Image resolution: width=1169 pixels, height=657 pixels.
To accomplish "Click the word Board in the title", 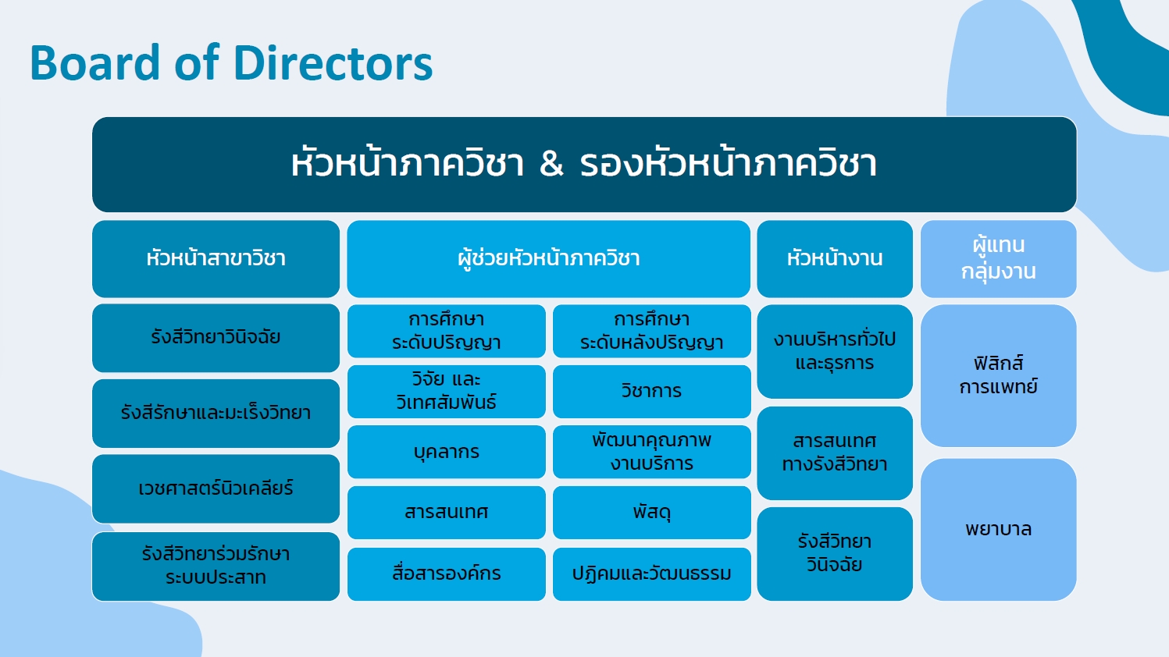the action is (x=95, y=62).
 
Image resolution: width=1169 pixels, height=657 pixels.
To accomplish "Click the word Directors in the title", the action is (x=333, y=62).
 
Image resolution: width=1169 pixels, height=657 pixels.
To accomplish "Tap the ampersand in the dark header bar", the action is (x=551, y=164).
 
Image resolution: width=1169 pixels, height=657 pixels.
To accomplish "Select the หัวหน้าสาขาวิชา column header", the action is (x=216, y=258).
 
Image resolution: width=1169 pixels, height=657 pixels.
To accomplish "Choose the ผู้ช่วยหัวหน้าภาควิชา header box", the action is (x=548, y=258).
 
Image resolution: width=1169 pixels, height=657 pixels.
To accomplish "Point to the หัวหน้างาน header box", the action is (x=835, y=258).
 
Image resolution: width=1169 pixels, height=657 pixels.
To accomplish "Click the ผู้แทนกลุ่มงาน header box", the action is (x=998, y=258).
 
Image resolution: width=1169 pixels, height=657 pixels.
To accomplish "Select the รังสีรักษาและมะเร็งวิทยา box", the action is (x=216, y=413).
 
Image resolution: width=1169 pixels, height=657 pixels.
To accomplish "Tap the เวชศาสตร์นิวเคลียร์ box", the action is (x=216, y=488).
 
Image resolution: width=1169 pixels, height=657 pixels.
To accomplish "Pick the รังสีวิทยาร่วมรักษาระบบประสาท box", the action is (x=216, y=566).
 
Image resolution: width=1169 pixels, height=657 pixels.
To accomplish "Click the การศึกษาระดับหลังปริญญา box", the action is (x=652, y=331).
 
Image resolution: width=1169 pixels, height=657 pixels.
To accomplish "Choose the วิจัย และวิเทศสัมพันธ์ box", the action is (x=447, y=392).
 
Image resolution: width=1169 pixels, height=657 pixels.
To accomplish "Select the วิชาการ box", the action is (x=652, y=392).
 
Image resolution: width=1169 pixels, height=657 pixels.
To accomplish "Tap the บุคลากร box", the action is (x=447, y=452).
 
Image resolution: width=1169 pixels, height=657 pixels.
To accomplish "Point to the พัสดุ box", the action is (x=652, y=513).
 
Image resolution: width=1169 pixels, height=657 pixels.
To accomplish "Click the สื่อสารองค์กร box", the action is (x=447, y=574).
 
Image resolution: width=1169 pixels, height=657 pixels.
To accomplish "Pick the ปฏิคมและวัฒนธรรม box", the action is (x=652, y=574).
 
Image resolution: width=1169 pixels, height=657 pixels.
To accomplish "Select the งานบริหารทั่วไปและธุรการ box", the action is (x=835, y=351).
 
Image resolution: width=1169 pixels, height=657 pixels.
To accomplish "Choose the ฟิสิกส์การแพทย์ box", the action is (x=998, y=375).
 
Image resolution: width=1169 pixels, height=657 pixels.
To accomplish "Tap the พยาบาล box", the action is (x=998, y=530).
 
